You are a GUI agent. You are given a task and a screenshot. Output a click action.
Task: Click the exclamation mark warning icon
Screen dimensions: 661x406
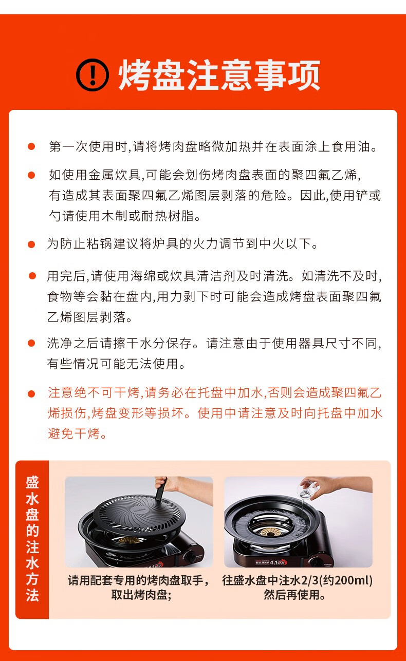93,75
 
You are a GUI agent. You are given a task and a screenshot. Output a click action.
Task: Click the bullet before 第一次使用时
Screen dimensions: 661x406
31,147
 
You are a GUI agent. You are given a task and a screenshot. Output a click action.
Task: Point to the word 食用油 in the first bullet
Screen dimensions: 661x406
353,146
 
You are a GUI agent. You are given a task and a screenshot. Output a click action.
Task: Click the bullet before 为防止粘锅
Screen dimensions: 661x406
31,244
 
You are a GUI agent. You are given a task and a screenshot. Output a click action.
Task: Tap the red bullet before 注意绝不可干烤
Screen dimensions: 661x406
31,394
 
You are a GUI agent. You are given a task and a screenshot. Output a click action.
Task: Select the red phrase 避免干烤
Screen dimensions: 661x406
77,433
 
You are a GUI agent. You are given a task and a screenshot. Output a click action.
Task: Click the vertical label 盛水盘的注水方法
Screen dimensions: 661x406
32,539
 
